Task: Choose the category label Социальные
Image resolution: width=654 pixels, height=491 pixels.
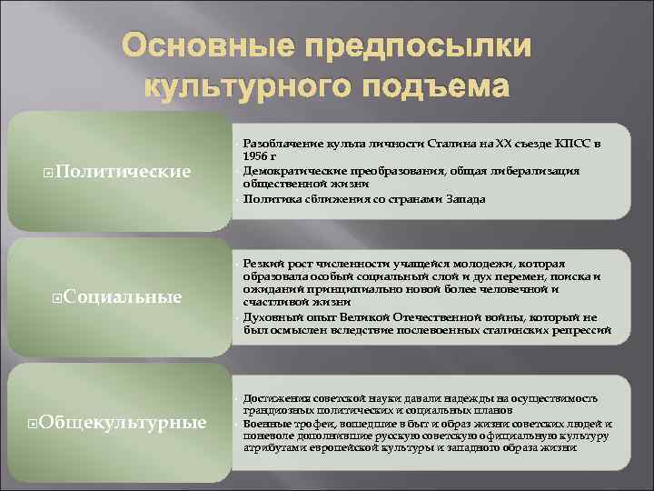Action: [x=124, y=296]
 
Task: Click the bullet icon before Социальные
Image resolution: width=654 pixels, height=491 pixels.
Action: [x=57, y=296]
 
